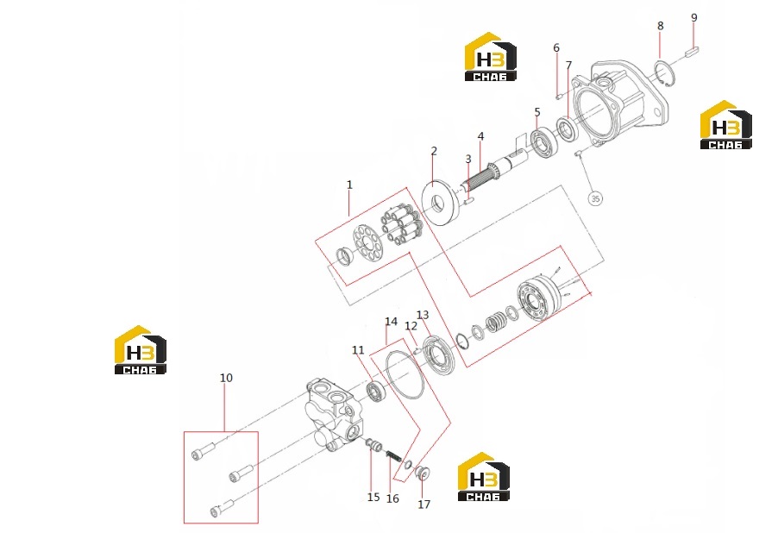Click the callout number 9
coord(693,18)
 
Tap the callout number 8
coord(660,26)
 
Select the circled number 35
coord(595,198)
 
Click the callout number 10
coord(226,378)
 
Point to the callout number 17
coord(424,505)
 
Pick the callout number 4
coord(480,136)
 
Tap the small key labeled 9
coord(692,51)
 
